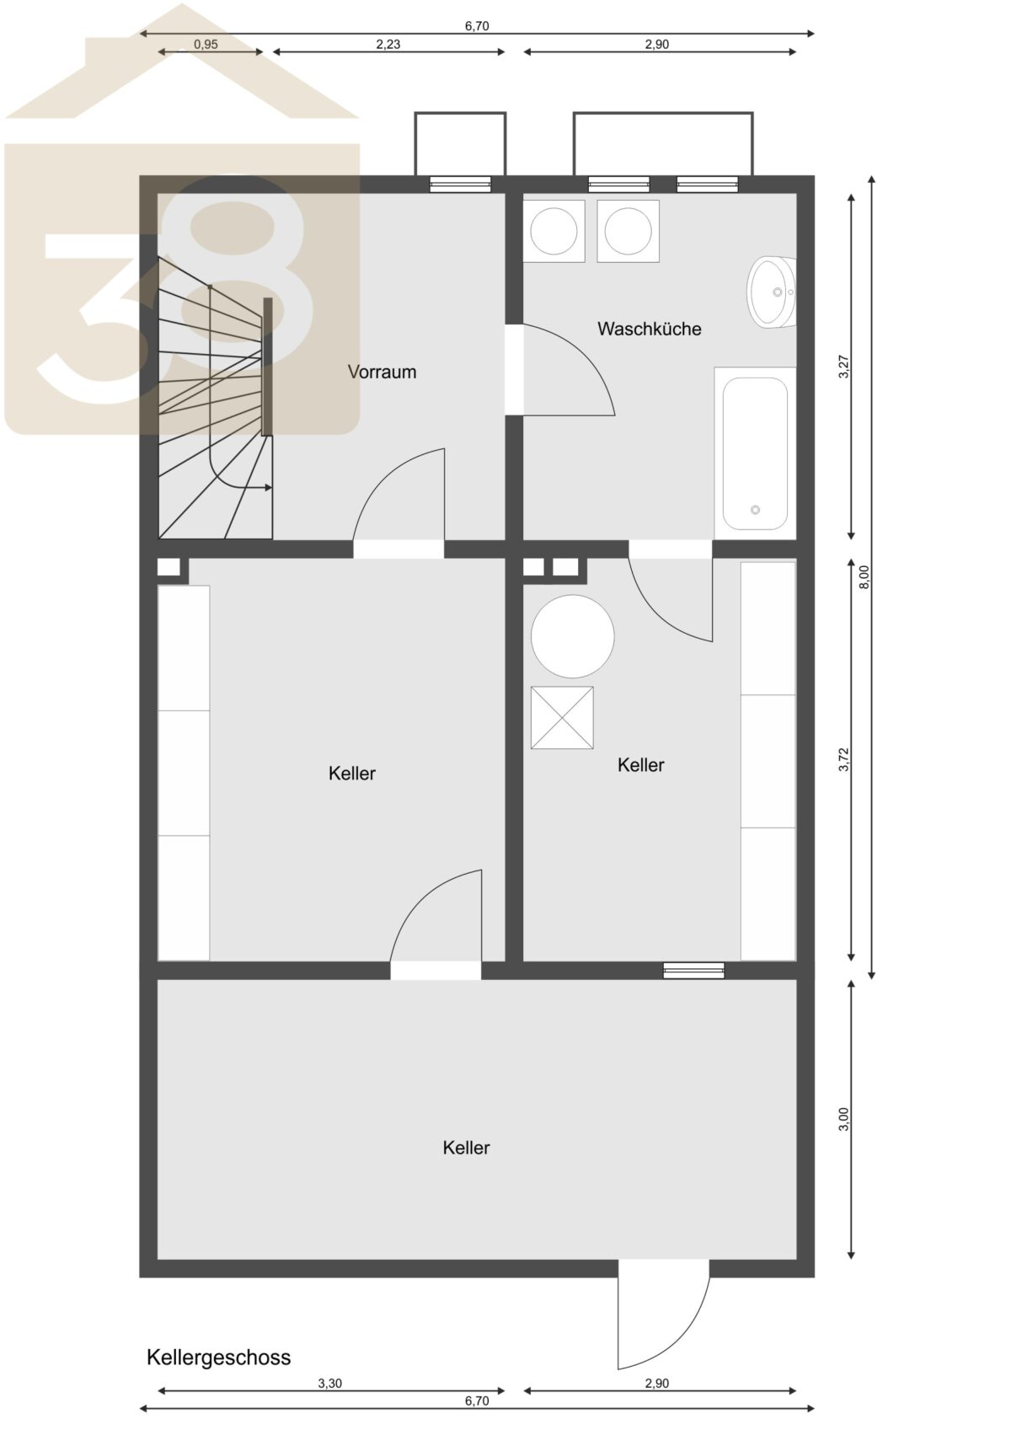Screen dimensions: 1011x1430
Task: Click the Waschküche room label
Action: coord(649,329)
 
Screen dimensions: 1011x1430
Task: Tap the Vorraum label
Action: coord(382,372)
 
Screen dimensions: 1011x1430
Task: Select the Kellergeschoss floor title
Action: coord(218,1357)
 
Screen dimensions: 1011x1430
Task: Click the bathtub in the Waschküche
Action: coord(755,453)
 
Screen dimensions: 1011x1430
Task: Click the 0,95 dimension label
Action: coord(206,44)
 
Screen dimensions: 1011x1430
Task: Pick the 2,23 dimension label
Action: coord(388,44)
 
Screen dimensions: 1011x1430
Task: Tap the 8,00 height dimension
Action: coord(864,577)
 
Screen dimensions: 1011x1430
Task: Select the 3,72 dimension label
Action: coord(844,759)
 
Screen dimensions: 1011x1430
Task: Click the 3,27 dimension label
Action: coord(844,366)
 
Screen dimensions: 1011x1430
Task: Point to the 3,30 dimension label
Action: coord(330,1384)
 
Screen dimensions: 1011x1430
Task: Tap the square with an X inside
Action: coord(562,718)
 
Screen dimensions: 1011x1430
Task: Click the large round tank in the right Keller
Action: coord(573,636)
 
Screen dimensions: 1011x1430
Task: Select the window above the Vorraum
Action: coord(460,185)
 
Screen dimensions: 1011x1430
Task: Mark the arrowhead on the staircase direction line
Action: coord(267,488)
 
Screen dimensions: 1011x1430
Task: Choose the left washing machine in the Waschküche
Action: coord(554,230)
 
